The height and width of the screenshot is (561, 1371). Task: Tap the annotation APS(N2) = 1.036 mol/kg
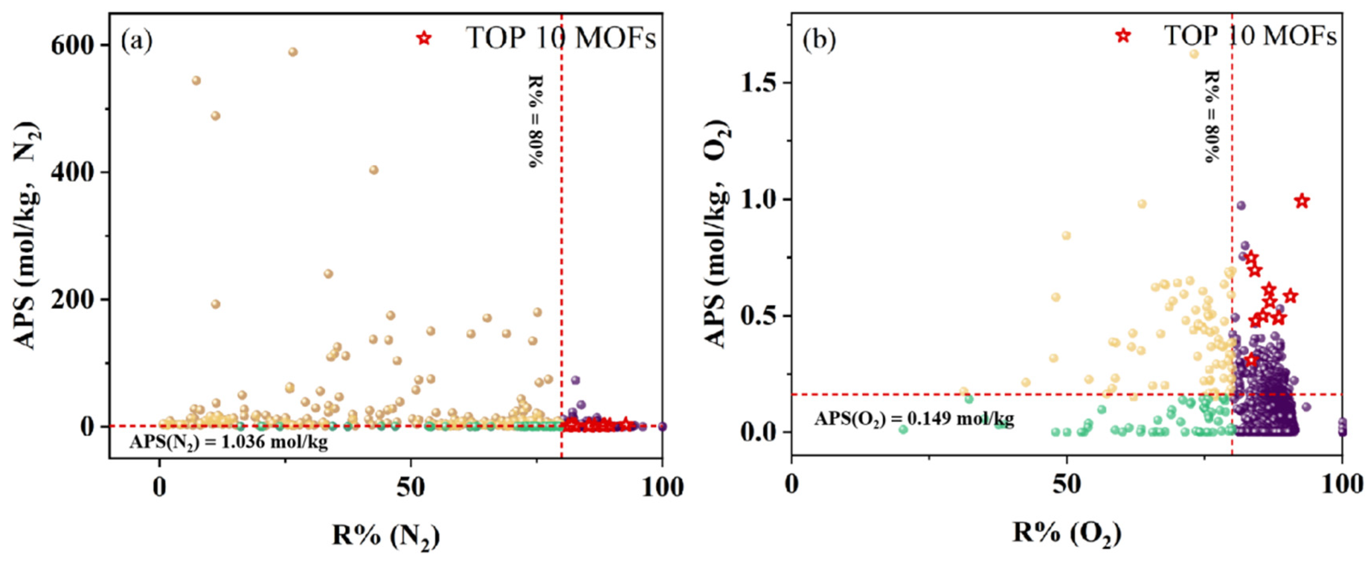pos(228,442)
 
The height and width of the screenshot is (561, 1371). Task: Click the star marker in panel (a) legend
pos(424,38)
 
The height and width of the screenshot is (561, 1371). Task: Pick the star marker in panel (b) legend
pos(1123,36)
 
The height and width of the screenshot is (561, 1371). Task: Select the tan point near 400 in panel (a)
pos(374,170)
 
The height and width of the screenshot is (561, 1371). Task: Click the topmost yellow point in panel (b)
pos(1194,54)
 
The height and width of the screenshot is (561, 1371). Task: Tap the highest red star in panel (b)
pos(1302,201)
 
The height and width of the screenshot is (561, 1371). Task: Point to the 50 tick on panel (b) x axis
pos(1067,484)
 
